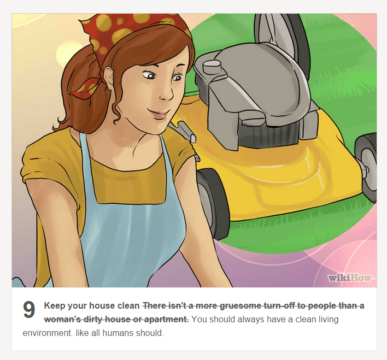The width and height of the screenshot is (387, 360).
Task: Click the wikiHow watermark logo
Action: [350, 278]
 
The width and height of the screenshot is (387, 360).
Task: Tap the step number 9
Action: [29, 309]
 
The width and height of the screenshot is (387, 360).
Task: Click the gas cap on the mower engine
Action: [212, 66]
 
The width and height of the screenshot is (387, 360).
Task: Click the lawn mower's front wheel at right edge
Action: [366, 167]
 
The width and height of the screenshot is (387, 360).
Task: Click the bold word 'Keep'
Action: [55, 306]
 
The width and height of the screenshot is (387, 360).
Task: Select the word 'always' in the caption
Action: [251, 320]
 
